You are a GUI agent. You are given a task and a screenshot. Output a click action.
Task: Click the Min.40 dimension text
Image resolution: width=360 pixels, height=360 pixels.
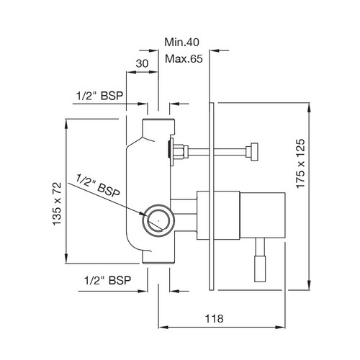[181, 42]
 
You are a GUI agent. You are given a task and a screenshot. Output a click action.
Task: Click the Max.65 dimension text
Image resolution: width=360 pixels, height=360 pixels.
[184, 59]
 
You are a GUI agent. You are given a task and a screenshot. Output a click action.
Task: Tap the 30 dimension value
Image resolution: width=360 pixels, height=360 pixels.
[142, 63]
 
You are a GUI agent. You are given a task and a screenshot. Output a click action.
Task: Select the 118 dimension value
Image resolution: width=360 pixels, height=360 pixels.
[214, 319]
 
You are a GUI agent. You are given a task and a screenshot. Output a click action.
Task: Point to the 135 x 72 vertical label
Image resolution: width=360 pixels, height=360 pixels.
[57, 204]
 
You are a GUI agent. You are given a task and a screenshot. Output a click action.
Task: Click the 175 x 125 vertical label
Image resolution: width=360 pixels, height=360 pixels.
[300, 163]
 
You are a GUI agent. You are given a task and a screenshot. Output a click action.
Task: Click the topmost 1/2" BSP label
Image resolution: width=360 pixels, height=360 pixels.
[99, 96]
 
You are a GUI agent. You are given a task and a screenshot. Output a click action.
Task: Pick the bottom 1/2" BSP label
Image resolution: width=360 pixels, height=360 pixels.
[108, 280]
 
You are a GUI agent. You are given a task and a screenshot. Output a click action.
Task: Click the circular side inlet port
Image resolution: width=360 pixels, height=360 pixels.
[158, 220]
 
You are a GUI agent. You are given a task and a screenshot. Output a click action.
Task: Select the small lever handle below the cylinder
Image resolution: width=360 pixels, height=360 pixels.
[260, 259]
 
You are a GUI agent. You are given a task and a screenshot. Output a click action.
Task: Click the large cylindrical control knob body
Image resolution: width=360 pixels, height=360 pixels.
[262, 215]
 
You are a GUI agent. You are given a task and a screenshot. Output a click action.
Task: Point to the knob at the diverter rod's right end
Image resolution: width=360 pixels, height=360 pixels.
[252, 152]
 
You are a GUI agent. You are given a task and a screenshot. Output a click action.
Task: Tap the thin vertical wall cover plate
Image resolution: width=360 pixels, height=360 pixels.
[212, 197]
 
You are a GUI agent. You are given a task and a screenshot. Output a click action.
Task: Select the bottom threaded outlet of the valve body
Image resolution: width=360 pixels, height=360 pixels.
[158, 258]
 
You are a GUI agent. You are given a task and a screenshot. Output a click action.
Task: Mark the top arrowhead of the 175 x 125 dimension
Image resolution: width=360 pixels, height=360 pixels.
[309, 107]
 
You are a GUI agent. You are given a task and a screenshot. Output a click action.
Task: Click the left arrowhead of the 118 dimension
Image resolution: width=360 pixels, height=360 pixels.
[163, 327]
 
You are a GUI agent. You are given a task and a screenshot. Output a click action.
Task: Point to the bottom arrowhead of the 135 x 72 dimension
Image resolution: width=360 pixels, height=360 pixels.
[66, 259]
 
